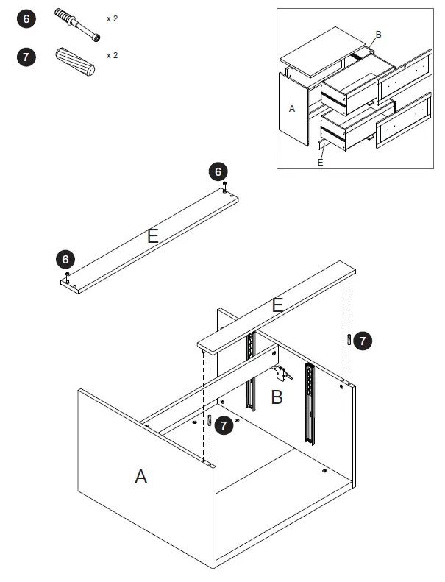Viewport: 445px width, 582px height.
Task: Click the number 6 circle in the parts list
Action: point(26,19)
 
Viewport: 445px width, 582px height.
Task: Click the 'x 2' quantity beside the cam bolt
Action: point(112,18)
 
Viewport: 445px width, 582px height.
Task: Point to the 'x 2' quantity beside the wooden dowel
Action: point(112,55)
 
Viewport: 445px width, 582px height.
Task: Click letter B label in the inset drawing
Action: point(379,35)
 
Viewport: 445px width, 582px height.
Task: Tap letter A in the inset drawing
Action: point(292,109)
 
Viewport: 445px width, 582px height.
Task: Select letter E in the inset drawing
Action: point(320,163)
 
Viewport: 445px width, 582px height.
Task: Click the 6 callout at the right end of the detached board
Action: point(218,172)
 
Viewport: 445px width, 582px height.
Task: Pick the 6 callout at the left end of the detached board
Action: point(65,259)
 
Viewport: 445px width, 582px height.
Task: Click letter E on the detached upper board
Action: point(152,236)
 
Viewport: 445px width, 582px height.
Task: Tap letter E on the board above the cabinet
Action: point(277,305)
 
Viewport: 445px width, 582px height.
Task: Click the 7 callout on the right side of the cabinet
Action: point(363,341)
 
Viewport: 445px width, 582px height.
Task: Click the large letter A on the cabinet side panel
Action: point(140,477)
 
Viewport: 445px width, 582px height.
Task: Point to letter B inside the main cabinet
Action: point(277,398)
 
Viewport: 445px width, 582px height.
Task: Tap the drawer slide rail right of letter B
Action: point(310,403)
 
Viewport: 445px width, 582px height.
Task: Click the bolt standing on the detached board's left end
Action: point(68,277)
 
